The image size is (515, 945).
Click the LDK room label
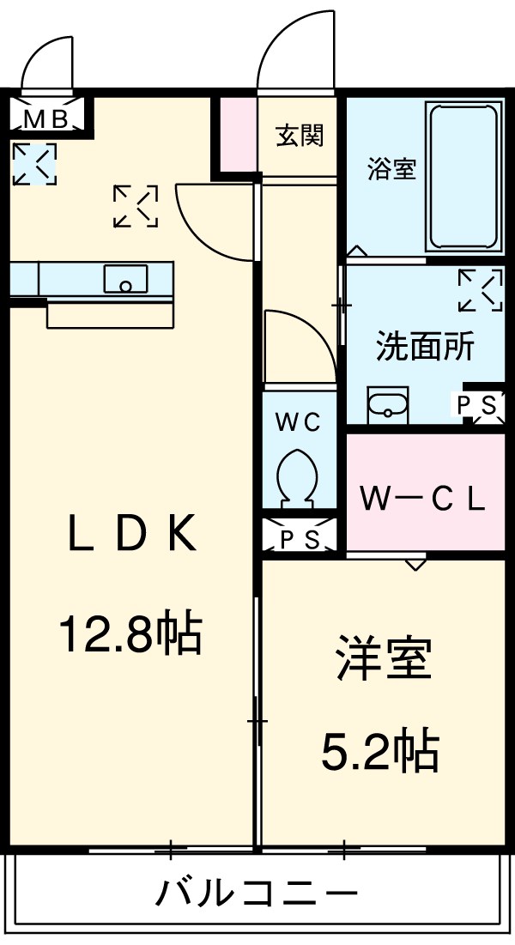pos(133,535)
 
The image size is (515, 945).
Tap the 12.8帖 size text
pos(130,635)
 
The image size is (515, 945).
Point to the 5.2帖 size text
pos(380,752)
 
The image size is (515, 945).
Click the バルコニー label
pos(256,895)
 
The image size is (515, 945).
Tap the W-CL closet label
pos(423,498)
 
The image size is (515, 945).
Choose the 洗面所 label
pos(425,348)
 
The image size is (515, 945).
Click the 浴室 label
pos(391,169)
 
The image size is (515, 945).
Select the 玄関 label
pos(300,135)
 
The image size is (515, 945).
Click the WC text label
pos(298,421)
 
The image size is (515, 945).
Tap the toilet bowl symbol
pos(299,475)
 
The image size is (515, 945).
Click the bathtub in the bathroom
pos(463,176)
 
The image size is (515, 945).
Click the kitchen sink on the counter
pos(125,280)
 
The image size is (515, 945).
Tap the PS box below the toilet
pos(300,539)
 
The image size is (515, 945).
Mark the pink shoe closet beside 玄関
pos(234,133)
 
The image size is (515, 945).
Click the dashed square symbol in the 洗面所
pos(480,290)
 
